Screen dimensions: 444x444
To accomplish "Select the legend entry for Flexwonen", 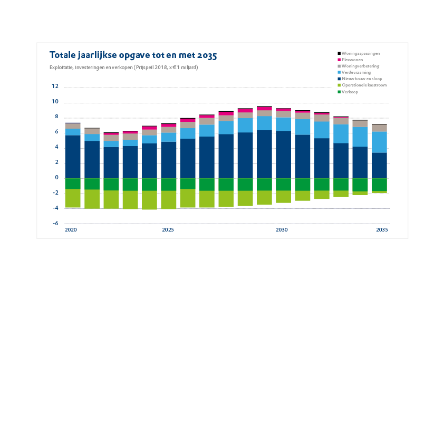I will tap(352, 60).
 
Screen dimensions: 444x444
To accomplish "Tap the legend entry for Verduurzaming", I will tap(356, 72).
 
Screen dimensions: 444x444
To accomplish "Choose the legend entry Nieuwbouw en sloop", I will tap(362, 79).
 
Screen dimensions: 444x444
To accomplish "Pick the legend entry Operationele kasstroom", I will tap(364, 85).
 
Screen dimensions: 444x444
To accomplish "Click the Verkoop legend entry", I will tap(350, 92).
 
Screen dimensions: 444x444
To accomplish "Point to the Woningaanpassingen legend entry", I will tap(361, 53).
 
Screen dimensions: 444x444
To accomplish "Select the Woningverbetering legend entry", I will tap(360, 66).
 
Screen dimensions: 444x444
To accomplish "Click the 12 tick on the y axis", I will tap(55, 86).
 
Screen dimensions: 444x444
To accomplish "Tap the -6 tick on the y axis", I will tap(55, 224).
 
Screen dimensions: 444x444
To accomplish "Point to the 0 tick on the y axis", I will tap(56, 178).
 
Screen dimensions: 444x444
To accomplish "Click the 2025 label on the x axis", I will tap(168, 230).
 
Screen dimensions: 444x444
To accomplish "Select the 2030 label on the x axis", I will tap(282, 230).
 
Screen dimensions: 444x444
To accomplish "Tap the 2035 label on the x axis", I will tap(382, 230).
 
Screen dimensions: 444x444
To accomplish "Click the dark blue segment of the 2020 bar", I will tap(73, 157).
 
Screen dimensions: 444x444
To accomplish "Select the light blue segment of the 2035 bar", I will tap(379, 142).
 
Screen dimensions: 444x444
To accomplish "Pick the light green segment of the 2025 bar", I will tap(168, 199).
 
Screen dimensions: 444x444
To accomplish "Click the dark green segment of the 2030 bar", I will tap(283, 184).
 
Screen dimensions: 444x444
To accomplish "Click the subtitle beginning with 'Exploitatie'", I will tap(123, 67).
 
